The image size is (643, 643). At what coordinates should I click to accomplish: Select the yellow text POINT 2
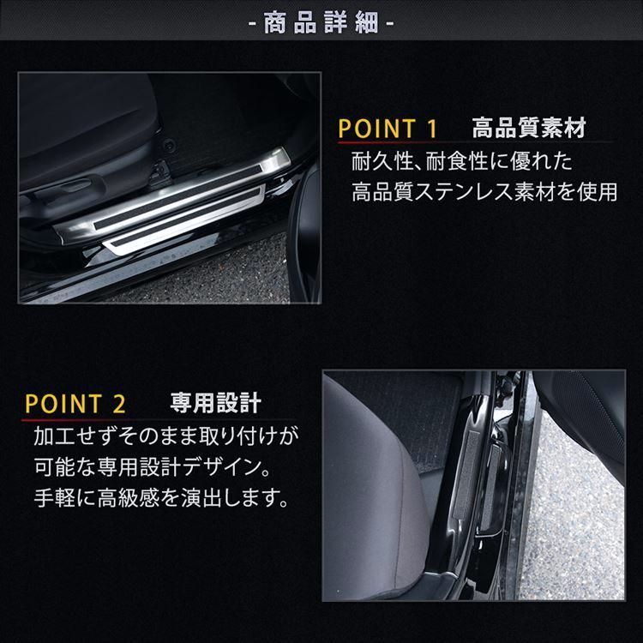point(76,402)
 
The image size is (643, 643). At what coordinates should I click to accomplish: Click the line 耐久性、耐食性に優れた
point(460,161)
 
